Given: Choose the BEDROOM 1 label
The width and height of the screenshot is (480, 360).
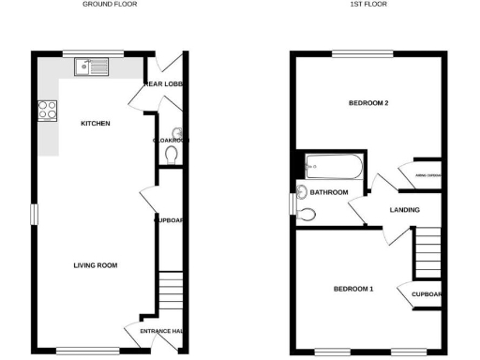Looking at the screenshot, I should coord(353,289).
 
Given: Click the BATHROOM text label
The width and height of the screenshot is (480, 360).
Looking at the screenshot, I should coord(330,192).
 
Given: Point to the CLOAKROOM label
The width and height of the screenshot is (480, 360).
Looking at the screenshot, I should coord(172,140).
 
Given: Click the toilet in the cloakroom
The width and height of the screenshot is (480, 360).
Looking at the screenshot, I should coord(172,153).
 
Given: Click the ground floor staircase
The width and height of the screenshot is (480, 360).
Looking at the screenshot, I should coord(170,287).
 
